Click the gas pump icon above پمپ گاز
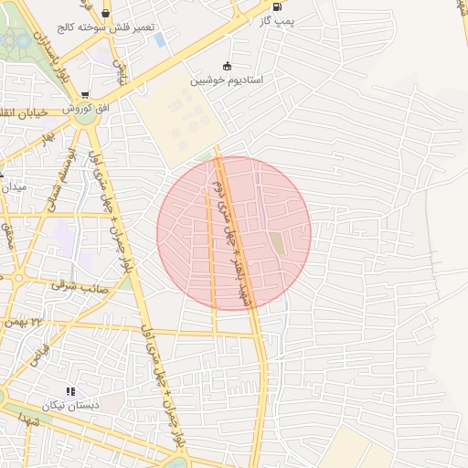point(278,6)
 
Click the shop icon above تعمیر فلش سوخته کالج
point(106,13)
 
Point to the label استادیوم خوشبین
point(227,80)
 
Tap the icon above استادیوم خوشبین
point(227,66)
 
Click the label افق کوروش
point(86,108)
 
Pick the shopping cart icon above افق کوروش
point(85,94)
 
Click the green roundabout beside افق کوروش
point(86,118)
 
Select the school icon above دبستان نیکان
point(70,391)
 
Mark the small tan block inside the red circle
point(276,243)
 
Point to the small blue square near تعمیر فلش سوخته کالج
point(161,40)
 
